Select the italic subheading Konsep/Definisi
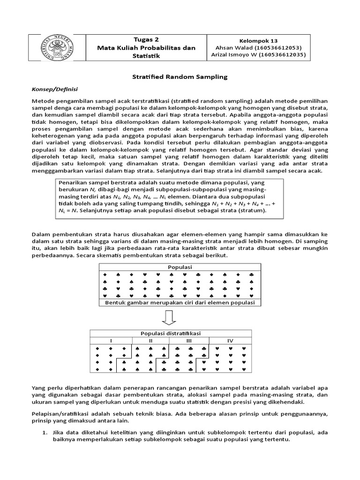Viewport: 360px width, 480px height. (x=54, y=89)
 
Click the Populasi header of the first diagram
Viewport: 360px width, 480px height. (x=180, y=267)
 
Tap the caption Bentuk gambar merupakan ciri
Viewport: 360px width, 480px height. (x=180, y=303)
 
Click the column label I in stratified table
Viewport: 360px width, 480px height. (x=111, y=340)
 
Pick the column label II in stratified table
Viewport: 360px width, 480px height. (x=150, y=340)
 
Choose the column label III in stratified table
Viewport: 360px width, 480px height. (x=189, y=340)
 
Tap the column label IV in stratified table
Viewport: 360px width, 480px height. (x=230, y=340)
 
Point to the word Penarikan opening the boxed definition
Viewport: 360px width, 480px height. (x=73, y=182)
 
